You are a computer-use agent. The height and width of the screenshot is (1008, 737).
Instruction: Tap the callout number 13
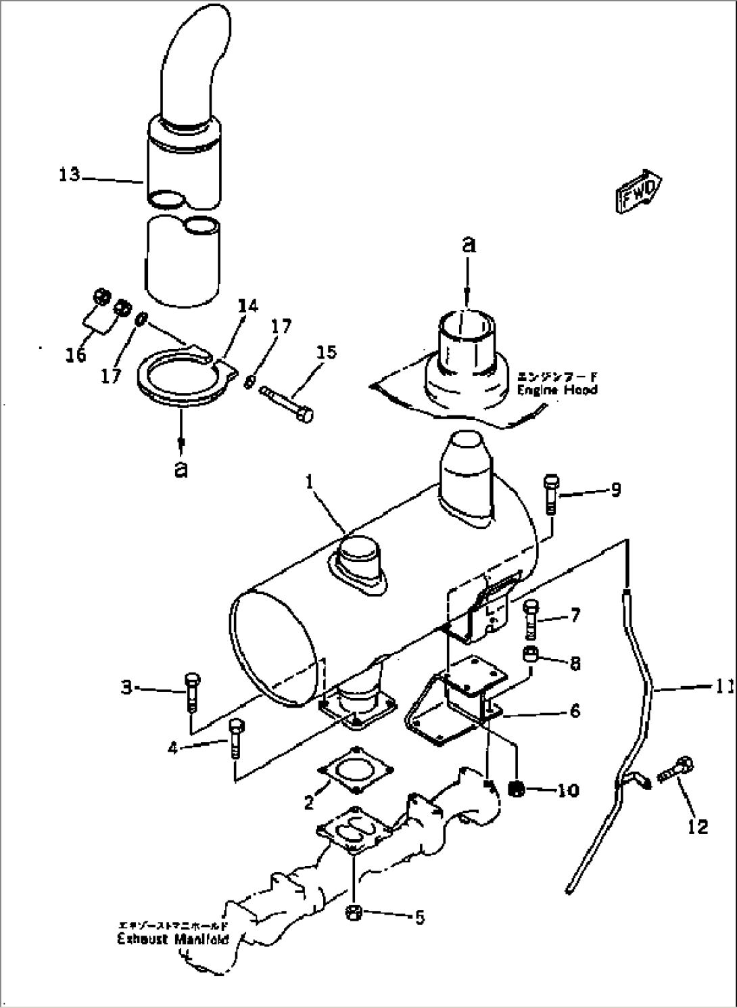(69, 175)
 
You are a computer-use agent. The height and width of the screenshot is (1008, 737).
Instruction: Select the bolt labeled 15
(287, 403)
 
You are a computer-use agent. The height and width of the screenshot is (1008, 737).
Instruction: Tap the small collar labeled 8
(530, 656)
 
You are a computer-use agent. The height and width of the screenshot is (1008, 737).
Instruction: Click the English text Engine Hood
(557, 390)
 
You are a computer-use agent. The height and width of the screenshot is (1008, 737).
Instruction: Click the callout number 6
(574, 710)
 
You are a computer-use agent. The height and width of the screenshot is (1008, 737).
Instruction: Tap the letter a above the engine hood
(468, 245)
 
